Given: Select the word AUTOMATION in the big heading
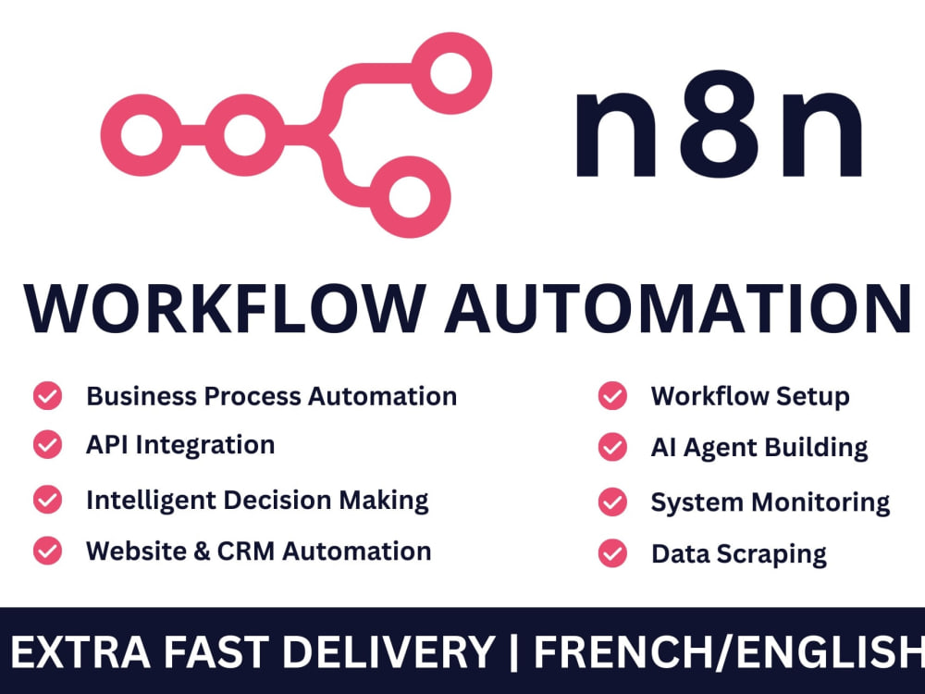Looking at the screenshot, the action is click(x=678, y=310).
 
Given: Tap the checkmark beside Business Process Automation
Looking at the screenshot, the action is click(x=48, y=395).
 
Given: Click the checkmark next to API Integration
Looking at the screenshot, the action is click(x=48, y=444).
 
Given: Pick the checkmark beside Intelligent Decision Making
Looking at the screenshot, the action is click(x=48, y=500).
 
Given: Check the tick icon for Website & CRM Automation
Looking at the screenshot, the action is click(x=48, y=551).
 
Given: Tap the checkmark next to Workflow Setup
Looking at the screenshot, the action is click(x=612, y=395).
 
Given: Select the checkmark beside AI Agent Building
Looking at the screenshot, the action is click(x=612, y=447).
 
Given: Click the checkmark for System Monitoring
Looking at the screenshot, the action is click(x=612, y=502).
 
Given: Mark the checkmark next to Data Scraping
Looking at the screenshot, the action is click(x=612, y=553).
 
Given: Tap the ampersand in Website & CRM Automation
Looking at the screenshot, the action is click(x=202, y=551).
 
